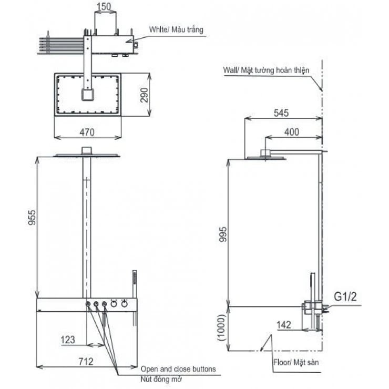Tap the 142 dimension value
pyautogui.click(x=284, y=324)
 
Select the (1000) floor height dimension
pyautogui.click(x=222, y=329)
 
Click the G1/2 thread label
pyautogui.click(x=345, y=297)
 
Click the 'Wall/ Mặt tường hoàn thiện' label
pyautogui.click(x=266, y=69)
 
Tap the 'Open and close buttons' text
pyautogui.click(x=178, y=369)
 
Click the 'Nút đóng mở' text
pyautogui.click(x=159, y=379)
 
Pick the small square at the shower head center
pyautogui.click(x=88, y=95)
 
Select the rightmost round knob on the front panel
pyautogui.click(x=125, y=304)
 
